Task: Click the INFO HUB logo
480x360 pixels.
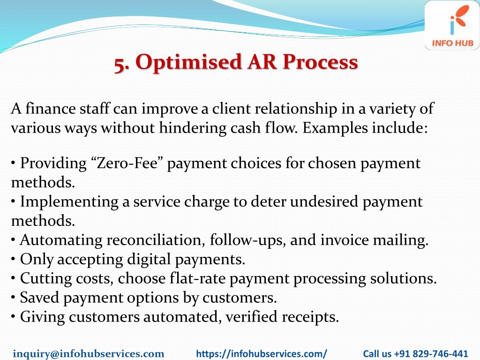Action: (452, 25)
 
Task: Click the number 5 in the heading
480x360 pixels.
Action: (120, 64)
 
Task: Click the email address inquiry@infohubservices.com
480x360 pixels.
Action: (89, 353)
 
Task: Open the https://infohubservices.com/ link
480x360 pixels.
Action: (262, 354)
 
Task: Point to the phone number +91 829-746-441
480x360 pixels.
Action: (431, 353)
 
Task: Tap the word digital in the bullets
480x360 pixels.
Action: (149, 260)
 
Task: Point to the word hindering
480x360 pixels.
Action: (193, 127)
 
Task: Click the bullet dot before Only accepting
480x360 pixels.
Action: (13, 260)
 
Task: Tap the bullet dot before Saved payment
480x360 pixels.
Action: (13, 298)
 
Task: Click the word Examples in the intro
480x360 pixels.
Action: (335, 128)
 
